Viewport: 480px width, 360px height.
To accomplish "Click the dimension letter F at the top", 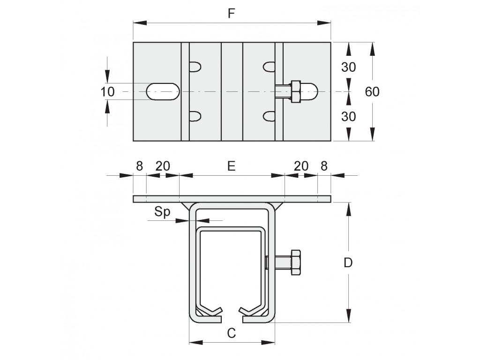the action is click(232, 14).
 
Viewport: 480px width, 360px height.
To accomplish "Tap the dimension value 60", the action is click(372, 91).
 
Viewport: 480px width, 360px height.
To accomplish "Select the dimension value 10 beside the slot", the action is click(107, 91).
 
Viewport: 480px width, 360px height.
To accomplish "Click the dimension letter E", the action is click(232, 166).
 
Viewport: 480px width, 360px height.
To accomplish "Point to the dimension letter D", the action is click(348, 262).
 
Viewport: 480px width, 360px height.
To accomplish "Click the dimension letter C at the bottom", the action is click(232, 333).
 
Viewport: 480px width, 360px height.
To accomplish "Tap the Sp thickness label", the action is click(162, 212).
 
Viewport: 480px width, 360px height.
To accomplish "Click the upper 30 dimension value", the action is click(349, 67).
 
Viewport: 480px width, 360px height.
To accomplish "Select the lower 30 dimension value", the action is click(349, 116).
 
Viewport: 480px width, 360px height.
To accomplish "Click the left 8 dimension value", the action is click(139, 166).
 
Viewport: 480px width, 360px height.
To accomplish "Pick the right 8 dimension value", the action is click(324, 166).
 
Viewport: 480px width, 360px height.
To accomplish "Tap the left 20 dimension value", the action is click(163, 166).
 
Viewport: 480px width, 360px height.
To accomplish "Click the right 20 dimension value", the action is click(301, 166).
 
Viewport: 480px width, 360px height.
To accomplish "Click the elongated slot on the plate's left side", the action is click(163, 91).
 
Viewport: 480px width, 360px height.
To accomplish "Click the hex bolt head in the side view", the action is click(296, 262).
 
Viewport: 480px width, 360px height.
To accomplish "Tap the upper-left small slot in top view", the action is click(195, 67).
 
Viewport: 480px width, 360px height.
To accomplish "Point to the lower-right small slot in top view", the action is click(269, 116).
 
